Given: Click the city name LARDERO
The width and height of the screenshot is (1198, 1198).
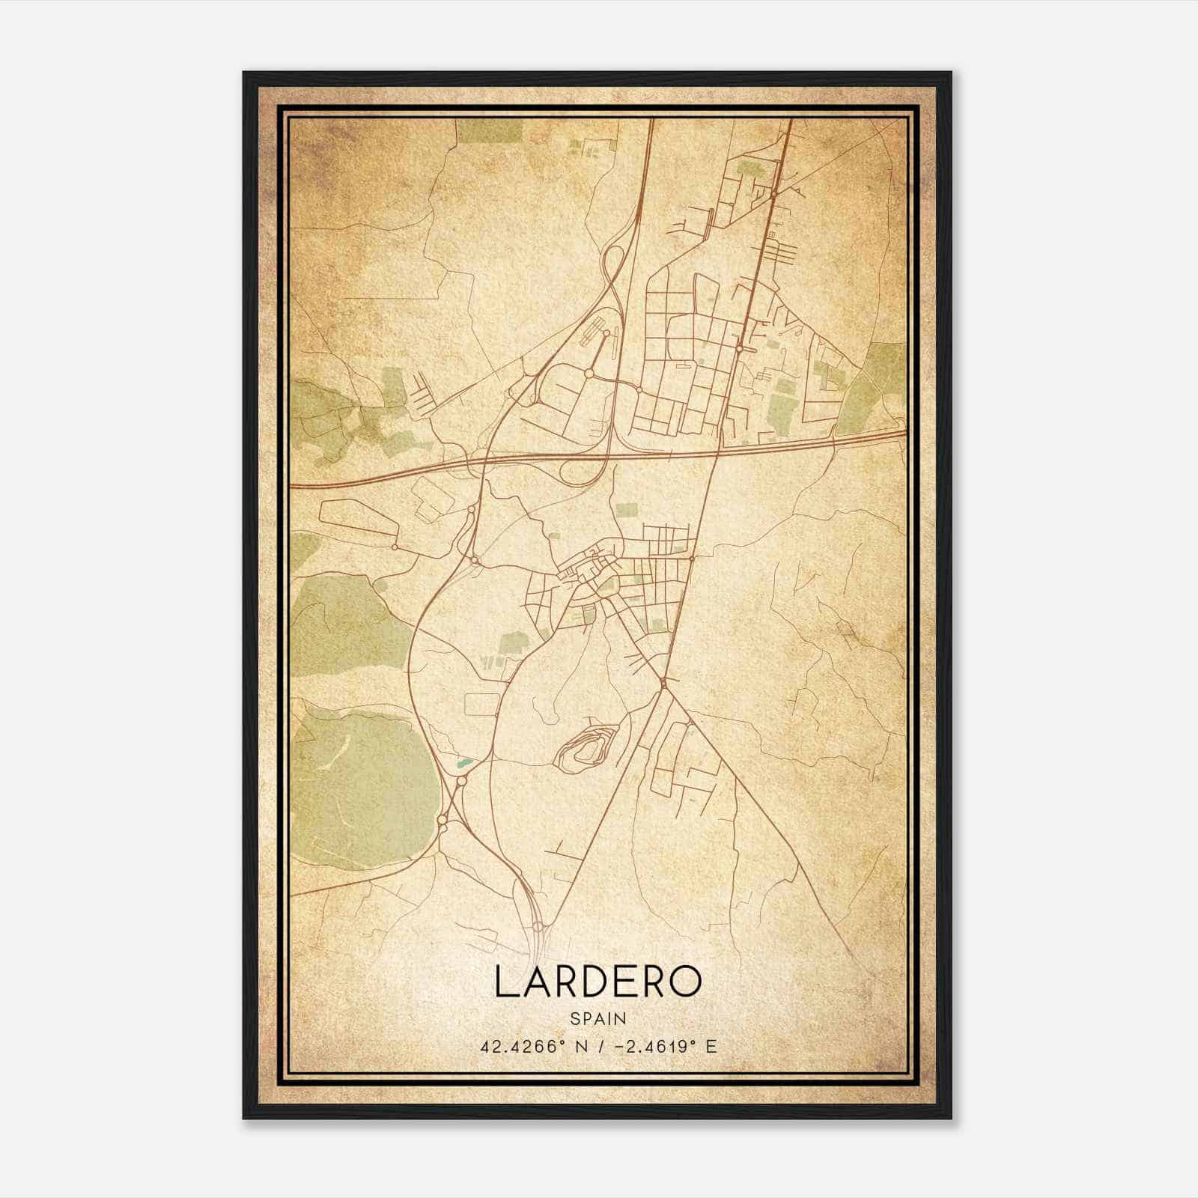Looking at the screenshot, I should pyautogui.click(x=598, y=982).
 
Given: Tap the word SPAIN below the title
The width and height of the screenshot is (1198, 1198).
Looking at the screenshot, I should pyautogui.click(x=598, y=1019).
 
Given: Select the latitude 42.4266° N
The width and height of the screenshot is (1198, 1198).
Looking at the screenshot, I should pyautogui.click(x=529, y=1047).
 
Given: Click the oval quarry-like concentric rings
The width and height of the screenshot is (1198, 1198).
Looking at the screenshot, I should pyautogui.click(x=586, y=745).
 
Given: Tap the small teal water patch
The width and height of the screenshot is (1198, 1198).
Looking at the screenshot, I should pyautogui.click(x=464, y=763).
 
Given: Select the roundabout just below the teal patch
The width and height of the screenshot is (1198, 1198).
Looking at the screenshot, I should pyautogui.click(x=461, y=780).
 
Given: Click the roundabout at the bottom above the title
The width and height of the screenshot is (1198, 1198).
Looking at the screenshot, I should pyautogui.click(x=538, y=927).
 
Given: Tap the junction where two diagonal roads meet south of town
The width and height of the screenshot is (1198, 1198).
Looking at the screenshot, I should pyautogui.click(x=663, y=683).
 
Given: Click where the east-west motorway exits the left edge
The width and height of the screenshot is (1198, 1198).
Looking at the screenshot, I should pyautogui.click(x=294, y=486).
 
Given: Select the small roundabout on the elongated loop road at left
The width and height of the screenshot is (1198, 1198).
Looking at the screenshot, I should pyautogui.click(x=394, y=547).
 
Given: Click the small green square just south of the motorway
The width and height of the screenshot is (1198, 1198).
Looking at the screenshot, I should pyautogui.click(x=627, y=510).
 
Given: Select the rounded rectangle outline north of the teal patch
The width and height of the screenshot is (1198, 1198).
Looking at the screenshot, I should pyautogui.click(x=482, y=705).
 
